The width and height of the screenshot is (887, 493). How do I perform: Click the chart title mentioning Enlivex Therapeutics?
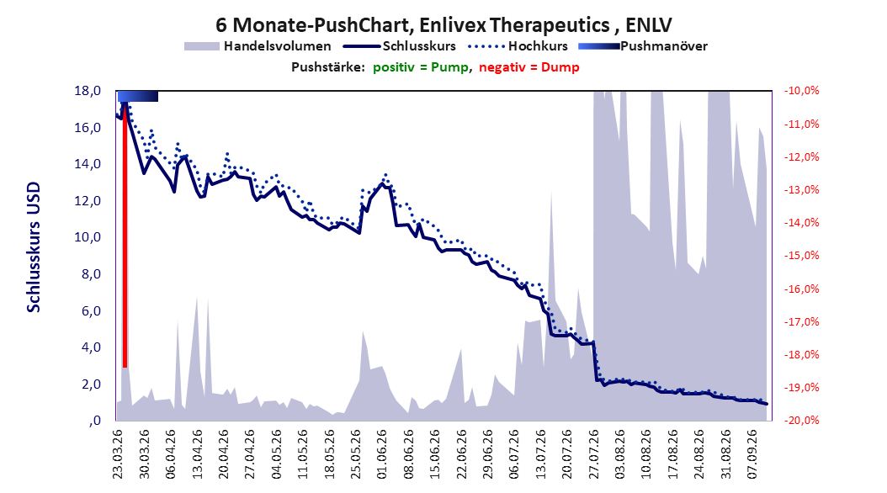pyautogui.click(x=443, y=25)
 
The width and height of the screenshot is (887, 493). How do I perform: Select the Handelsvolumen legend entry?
pyautogui.click(x=258, y=46)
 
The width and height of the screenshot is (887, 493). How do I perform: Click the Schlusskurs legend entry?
pyautogui.click(x=400, y=46)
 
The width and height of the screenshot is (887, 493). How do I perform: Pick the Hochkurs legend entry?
pyautogui.click(x=517, y=46)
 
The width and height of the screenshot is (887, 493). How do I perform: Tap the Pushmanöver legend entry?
pyautogui.click(x=643, y=46)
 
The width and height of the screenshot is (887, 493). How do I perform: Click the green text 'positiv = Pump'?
pyautogui.click(x=421, y=67)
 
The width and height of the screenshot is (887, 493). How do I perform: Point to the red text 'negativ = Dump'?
pyautogui.click(x=529, y=67)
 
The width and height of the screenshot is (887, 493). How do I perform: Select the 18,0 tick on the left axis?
pyautogui.click(x=88, y=91)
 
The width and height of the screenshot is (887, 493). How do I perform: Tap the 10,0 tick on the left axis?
pyautogui.click(x=88, y=237)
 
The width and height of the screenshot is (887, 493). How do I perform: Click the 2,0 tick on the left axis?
pyautogui.click(x=91, y=384)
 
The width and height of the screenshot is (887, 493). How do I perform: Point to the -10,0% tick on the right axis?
pyautogui.click(x=801, y=91)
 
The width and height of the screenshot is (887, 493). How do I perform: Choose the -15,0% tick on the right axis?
pyautogui.click(x=801, y=256)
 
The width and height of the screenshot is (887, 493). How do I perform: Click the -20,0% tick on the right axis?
pyautogui.click(x=801, y=421)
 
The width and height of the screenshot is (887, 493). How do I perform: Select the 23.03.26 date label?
pyautogui.click(x=118, y=454)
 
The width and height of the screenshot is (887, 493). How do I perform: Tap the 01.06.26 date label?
pyautogui.click(x=382, y=454)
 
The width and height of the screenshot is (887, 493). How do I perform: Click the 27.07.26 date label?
pyautogui.click(x=594, y=454)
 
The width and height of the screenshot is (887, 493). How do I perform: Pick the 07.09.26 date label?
pyautogui.click(x=752, y=454)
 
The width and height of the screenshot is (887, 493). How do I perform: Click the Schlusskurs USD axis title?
pyautogui.click(x=34, y=247)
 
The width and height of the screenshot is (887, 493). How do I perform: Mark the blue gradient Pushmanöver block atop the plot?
pyautogui.click(x=138, y=97)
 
